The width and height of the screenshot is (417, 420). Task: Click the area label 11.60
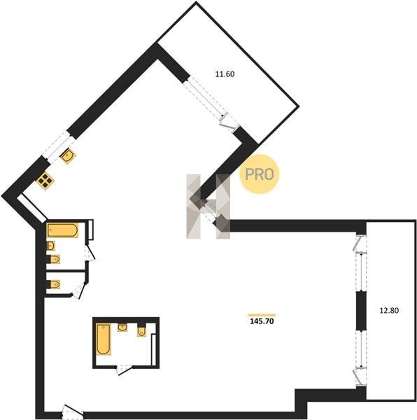[225, 74]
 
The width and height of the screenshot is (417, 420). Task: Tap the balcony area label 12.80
[389, 310]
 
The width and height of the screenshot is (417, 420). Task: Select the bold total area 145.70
[262, 321]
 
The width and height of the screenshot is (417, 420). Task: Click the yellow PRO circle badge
[260, 174]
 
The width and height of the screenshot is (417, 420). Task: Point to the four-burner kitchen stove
[45, 181]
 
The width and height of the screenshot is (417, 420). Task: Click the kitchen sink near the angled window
[68, 155]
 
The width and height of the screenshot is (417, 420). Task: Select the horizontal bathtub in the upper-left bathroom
[63, 230]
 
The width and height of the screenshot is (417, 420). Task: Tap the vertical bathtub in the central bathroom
[104, 339]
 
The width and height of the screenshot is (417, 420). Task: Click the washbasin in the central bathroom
[122, 328]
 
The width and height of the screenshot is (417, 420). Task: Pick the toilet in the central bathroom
[141, 331]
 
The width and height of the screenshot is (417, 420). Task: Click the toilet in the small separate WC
[54, 284]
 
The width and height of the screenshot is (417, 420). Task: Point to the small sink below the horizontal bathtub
[51, 246]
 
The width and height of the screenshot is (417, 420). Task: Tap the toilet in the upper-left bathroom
[54, 259]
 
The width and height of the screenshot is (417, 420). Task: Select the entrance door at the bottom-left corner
[73, 412]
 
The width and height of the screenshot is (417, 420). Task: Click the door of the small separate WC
[79, 290]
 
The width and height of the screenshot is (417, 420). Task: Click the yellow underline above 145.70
[262, 315]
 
